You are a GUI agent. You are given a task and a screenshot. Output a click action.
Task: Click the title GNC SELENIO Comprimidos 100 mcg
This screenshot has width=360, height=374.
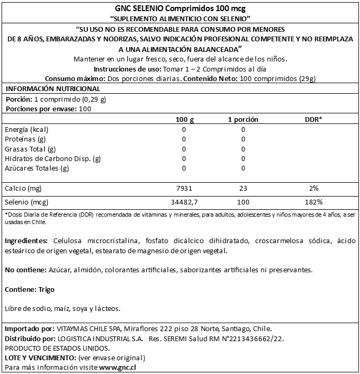click(179, 8)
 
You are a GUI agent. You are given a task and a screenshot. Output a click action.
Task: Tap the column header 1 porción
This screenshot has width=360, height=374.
click(243, 120)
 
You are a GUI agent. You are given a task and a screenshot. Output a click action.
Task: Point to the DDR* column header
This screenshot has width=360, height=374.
click(313, 120)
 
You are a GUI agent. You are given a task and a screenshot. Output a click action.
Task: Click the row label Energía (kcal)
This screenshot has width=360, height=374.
click(26, 130)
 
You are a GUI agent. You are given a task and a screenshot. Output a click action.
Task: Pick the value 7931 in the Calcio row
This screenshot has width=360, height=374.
click(184, 189)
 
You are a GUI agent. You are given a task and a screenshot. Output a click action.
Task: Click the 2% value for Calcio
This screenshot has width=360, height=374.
click(313, 189)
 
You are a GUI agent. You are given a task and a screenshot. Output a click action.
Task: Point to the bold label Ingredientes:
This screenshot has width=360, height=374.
click(26, 241)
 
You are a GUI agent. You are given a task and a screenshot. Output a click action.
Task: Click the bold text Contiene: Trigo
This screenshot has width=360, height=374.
click(29, 289)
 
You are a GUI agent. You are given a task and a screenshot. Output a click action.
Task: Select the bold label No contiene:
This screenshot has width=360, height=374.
click(24, 270)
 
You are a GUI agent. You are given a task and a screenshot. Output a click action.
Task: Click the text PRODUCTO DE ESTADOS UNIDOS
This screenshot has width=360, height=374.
click(57, 348)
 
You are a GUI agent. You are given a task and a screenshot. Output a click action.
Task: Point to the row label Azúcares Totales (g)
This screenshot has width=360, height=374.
click(37, 168)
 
